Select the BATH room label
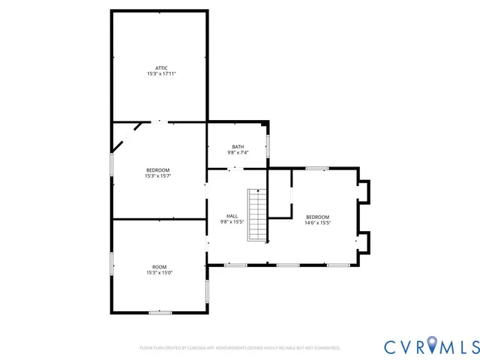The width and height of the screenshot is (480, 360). [x=238, y=146]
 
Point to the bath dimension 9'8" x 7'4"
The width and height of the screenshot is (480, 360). [x=238, y=152]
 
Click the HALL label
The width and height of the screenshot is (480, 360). [x=232, y=215]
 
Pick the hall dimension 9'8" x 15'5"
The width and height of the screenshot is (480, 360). [x=232, y=221]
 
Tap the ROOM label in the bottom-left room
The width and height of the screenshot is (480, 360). [x=160, y=267]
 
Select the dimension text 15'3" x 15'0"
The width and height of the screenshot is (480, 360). [x=160, y=273]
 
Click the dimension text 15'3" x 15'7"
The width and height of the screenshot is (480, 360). [x=158, y=176]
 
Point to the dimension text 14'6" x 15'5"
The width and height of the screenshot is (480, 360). [x=318, y=223]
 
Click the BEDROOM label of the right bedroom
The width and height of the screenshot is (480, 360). [x=318, y=217]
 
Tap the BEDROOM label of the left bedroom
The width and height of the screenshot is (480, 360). [x=158, y=170]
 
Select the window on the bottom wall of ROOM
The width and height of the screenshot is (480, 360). [x=160, y=312]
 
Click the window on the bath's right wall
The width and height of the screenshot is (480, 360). [x=268, y=145]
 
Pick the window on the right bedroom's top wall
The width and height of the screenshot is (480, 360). [x=316, y=168]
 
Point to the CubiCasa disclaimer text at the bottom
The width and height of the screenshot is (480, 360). [x=240, y=348]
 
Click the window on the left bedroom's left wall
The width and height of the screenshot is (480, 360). [x=112, y=164]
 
